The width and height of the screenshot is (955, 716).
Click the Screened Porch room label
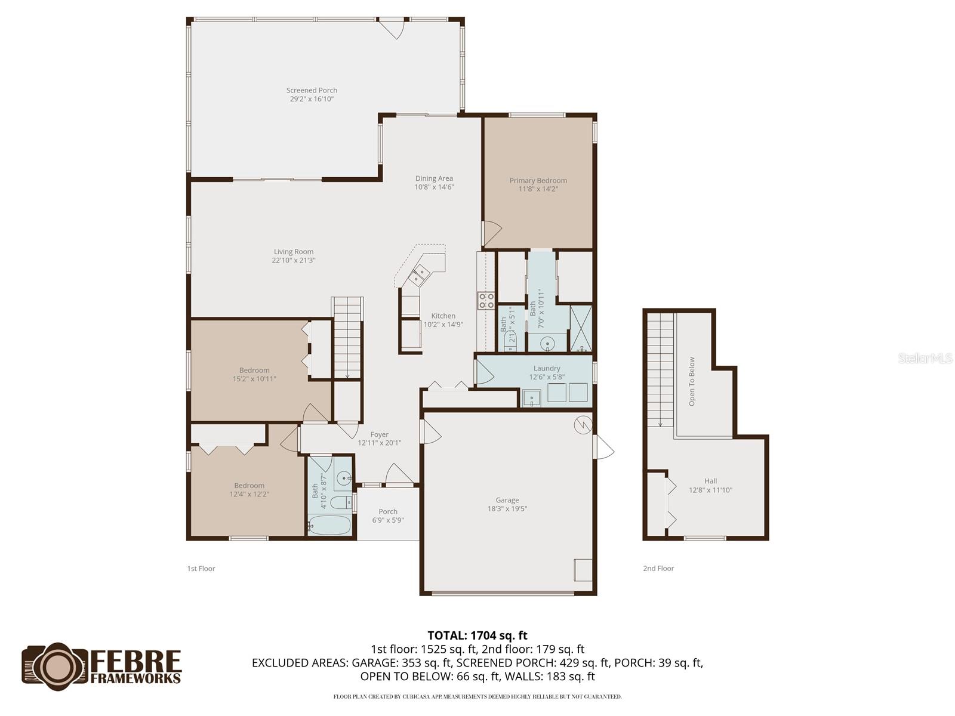tap(312, 91)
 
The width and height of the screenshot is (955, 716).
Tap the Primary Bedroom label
tap(538, 181)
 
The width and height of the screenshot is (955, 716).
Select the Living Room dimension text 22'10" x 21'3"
tap(294, 260)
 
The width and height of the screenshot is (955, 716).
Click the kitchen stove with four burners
tap(486, 301)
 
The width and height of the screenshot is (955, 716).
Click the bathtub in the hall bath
tap(329, 525)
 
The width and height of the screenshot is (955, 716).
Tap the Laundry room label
tap(547, 369)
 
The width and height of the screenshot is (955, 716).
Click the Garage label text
tap(507, 501)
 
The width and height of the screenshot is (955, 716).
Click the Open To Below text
tap(692, 382)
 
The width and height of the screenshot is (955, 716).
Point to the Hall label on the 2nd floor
tap(710, 481)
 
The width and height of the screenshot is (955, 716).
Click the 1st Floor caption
tap(201, 569)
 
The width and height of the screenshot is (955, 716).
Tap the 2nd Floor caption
tap(658, 569)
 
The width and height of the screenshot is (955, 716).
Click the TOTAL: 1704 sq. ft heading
tap(478, 635)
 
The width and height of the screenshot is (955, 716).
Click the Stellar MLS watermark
tap(926, 359)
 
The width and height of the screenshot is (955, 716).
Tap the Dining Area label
tap(434, 178)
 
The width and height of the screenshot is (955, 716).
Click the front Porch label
tap(388, 512)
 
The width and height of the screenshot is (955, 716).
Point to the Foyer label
tap(379, 435)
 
